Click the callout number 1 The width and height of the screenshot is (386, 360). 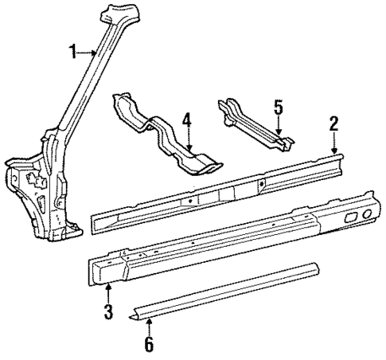coord(72,52)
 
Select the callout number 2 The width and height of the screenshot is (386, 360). coord(334,123)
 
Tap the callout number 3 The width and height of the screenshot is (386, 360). coord(108,310)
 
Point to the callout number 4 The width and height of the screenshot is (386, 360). coord(187,121)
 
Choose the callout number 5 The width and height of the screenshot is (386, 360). coord(278,107)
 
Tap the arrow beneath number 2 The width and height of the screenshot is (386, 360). coord(334,143)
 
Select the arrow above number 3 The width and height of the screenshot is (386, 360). coord(108,292)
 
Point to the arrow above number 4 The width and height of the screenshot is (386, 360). coord(189,140)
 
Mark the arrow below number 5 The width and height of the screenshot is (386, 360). coord(279,125)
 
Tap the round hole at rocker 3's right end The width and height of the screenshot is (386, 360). coord(367,213)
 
